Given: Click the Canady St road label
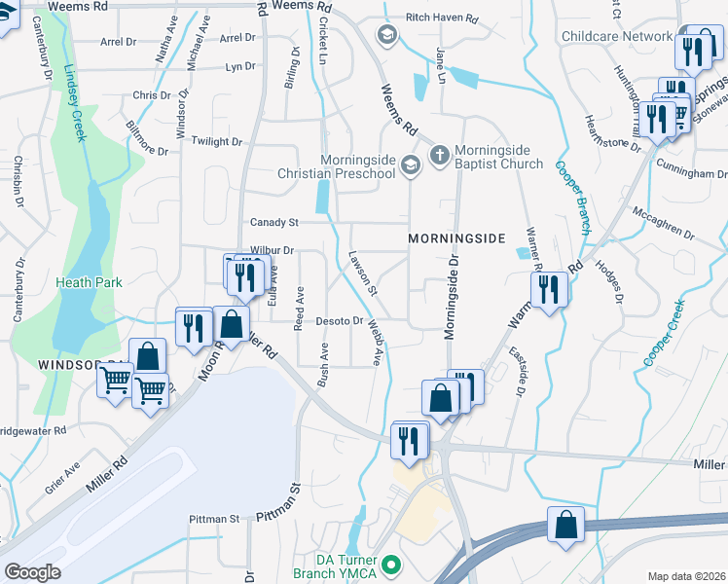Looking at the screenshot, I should click(x=273, y=223).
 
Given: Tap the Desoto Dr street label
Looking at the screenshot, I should click(x=340, y=320).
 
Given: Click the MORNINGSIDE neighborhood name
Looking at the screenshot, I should click(x=456, y=238).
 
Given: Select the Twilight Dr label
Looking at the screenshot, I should click(x=216, y=141).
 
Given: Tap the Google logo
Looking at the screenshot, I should click(x=32, y=572).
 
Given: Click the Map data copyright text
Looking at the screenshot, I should click(x=687, y=576).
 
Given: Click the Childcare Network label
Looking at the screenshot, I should click(x=617, y=37).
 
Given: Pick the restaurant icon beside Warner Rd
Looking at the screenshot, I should click(x=549, y=289).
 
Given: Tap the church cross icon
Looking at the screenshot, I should click(x=439, y=155).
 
